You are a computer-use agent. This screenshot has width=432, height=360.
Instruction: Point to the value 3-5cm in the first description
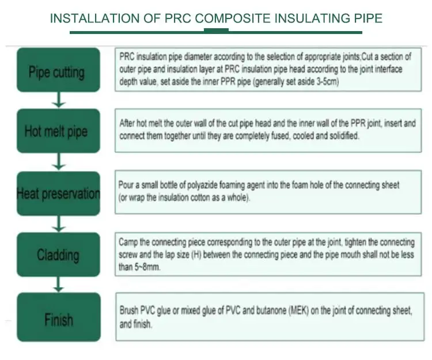324,82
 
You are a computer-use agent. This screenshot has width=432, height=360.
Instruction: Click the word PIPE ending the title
367,19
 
